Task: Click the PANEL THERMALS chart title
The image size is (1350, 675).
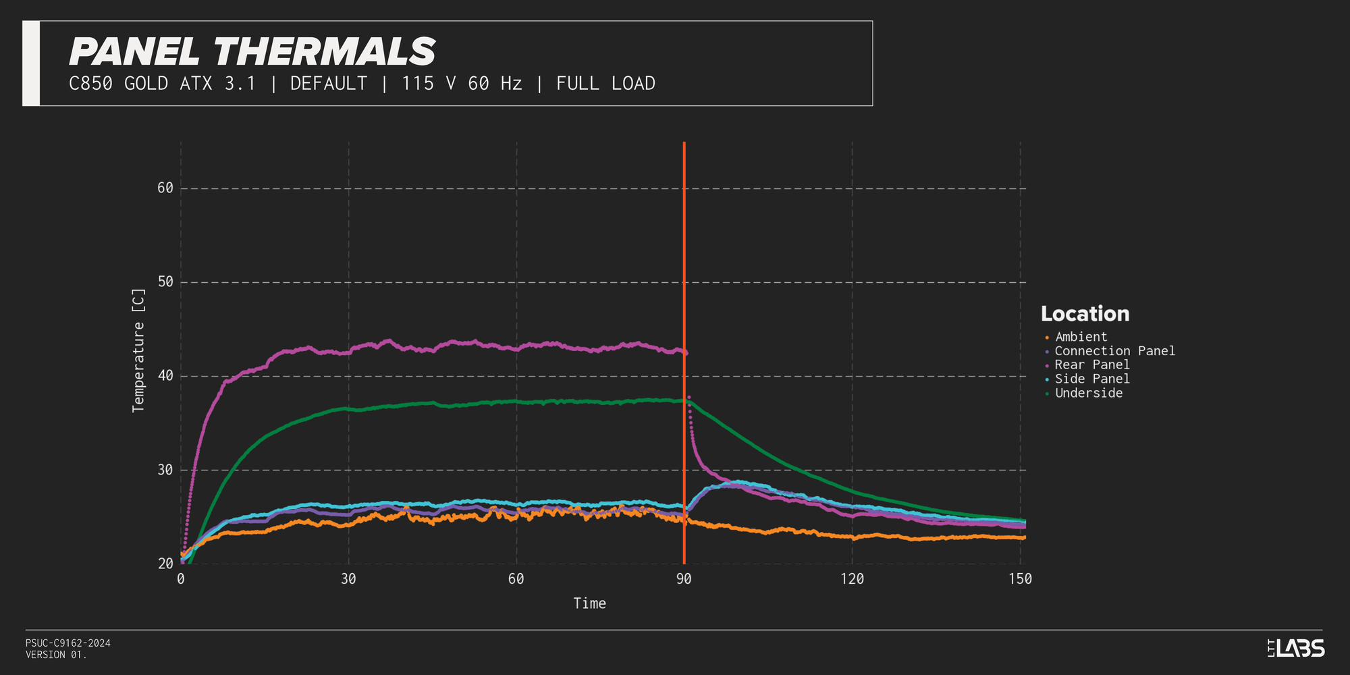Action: pyautogui.click(x=252, y=52)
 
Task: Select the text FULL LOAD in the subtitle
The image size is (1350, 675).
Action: pyautogui.click(x=605, y=84)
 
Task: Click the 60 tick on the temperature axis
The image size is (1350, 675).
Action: pyautogui.click(x=165, y=188)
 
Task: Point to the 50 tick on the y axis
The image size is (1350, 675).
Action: pyautogui.click(x=165, y=282)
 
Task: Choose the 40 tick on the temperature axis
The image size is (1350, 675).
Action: pyautogui.click(x=165, y=376)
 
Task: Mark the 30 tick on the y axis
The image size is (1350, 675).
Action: pyautogui.click(x=165, y=470)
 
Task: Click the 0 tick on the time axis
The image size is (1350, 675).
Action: pyautogui.click(x=181, y=579)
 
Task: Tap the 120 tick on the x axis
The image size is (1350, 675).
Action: pyautogui.click(x=852, y=579)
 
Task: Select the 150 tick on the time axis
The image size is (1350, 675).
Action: pyautogui.click(x=1020, y=579)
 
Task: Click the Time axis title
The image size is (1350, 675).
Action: pyautogui.click(x=589, y=603)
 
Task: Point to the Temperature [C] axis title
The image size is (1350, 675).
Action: pyautogui.click(x=138, y=350)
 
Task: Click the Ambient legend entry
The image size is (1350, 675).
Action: pyautogui.click(x=1081, y=337)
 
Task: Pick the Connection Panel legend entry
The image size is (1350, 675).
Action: pyautogui.click(x=1114, y=351)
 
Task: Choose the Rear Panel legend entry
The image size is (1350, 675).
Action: pyautogui.click(x=1091, y=365)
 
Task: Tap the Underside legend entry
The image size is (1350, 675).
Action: pyautogui.click(x=1088, y=394)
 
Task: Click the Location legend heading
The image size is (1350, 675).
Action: pyautogui.click(x=1085, y=314)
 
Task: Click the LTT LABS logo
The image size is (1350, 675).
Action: pyautogui.click(x=1296, y=649)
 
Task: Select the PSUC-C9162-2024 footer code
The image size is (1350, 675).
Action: pyautogui.click(x=68, y=643)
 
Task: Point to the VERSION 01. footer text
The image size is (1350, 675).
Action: pyautogui.click(x=57, y=655)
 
